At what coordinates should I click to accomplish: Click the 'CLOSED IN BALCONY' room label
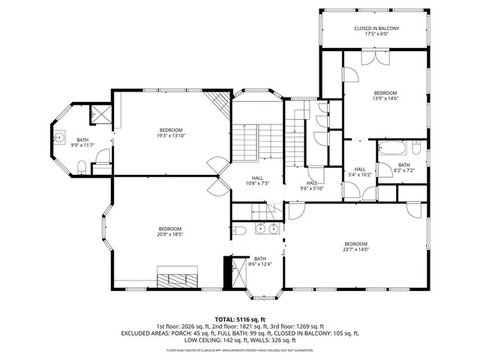376,28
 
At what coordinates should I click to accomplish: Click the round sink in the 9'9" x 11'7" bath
59,138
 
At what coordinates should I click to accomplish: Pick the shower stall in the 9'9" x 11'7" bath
100,115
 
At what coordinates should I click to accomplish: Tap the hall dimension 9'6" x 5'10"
311,188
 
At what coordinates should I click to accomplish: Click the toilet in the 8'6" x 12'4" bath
239,229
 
